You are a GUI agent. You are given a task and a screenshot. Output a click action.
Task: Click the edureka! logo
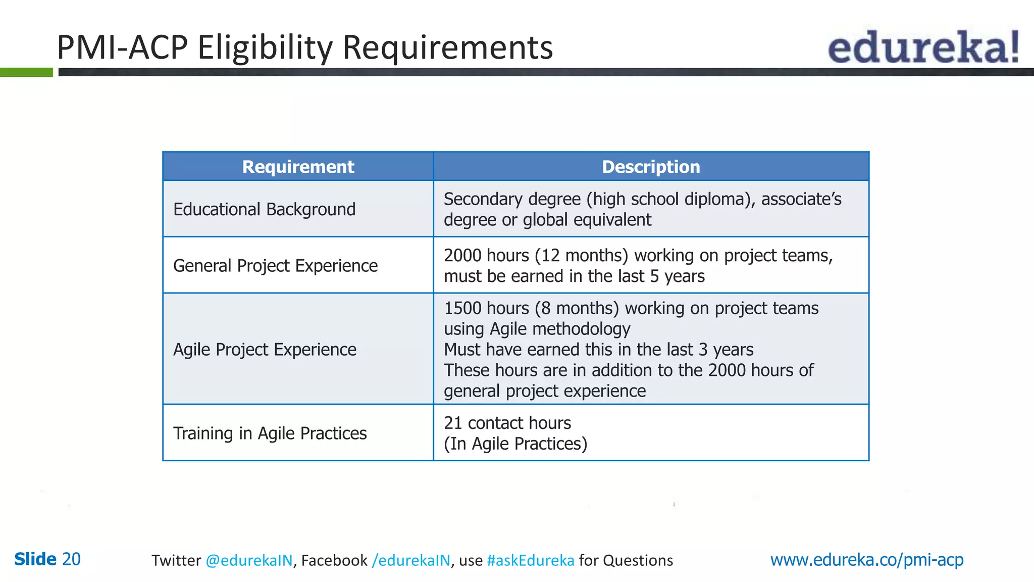click(923, 47)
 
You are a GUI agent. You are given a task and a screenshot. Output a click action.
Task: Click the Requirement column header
click(298, 167)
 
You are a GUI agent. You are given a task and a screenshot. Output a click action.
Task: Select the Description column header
click(651, 167)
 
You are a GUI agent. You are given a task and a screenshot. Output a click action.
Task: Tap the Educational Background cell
click(264, 209)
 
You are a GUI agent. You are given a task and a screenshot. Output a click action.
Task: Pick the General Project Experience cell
click(275, 266)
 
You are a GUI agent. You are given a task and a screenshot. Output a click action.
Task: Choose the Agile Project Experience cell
click(265, 350)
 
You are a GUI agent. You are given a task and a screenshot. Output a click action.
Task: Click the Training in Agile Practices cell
click(270, 433)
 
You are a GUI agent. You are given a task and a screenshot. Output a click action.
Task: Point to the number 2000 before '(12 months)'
click(462, 256)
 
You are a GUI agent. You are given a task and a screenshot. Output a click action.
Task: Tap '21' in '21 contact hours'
click(453, 423)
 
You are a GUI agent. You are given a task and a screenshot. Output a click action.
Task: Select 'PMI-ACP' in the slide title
click(122, 48)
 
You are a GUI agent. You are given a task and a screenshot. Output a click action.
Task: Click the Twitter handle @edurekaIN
click(249, 560)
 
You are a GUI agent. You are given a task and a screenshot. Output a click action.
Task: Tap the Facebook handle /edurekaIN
click(411, 560)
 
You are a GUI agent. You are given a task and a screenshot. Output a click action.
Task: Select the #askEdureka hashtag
click(531, 560)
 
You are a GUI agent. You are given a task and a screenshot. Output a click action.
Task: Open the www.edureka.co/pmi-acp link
click(867, 560)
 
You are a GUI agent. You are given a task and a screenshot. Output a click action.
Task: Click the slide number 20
click(71, 559)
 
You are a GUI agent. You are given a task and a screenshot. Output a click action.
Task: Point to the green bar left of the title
click(26, 72)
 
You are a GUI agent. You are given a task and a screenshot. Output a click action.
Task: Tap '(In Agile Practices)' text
click(515, 444)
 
